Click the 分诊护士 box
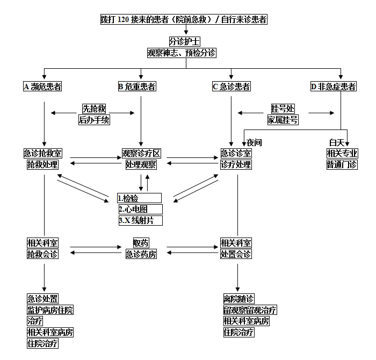click(184, 41)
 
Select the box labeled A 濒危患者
click(42, 87)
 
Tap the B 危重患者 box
click(137, 87)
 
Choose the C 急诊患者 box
click(232, 87)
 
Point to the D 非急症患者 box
click(334, 87)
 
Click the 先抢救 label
click(94, 109)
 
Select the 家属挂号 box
click(283, 120)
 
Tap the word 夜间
click(254, 142)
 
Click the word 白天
click(337, 142)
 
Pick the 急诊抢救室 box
click(42, 154)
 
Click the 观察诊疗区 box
click(141, 154)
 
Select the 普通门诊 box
click(342, 165)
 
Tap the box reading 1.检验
click(139, 198)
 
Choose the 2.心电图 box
click(141, 210)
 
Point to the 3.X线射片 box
click(141, 220)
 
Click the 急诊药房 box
click(141, 254)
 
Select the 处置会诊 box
click(236, 254)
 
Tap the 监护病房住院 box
click(50, 310)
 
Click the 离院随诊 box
click(239, 299)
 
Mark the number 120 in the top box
click(123, 19)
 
